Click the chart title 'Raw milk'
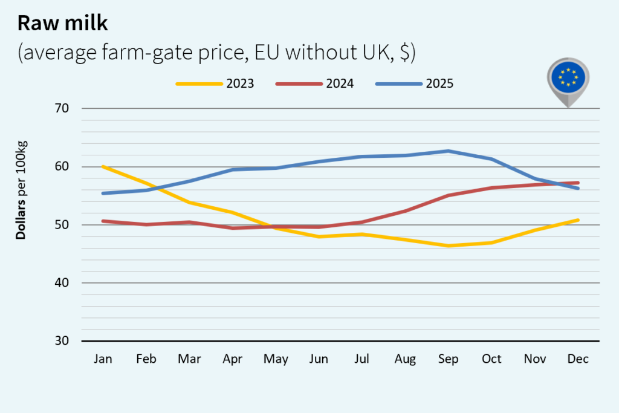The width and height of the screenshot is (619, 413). [x=63, y=22]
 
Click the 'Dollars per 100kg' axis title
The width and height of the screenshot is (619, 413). [x=22, y=189]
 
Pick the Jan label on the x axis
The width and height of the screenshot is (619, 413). [x=103, y=359]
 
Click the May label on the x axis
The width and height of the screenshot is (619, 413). [x=276, y=359]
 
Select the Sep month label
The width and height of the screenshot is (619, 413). [x=448, y=359]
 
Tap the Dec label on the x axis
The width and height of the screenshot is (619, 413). [x=577, y=359]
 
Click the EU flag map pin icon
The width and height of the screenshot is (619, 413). [x=568, y=79]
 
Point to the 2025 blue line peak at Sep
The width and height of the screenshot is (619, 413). [x=448, y=151]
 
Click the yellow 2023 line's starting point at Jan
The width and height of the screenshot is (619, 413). [x=103, y=166]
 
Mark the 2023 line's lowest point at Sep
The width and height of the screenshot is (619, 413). [x=448, y=246]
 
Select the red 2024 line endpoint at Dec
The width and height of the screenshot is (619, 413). [x=577, y=183]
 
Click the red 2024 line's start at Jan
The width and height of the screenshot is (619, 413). [x=103, y=221]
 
